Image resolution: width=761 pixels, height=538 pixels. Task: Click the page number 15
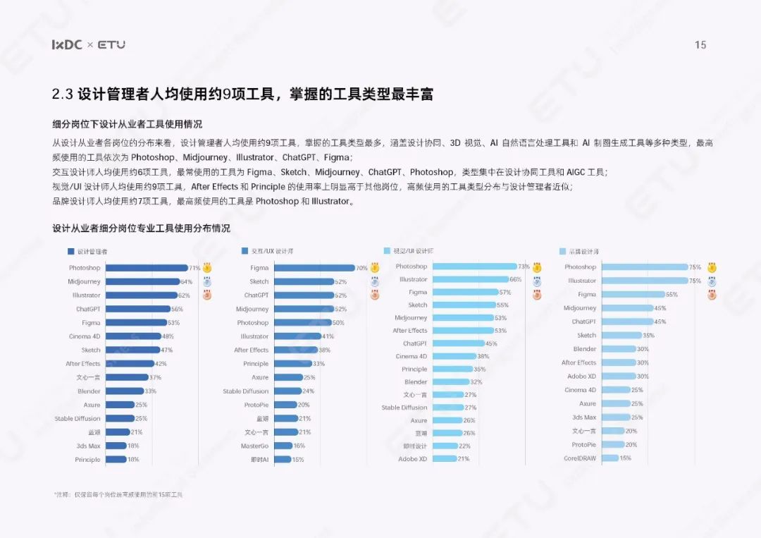pos(700,45)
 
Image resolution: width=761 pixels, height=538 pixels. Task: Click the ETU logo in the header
pos(111,44)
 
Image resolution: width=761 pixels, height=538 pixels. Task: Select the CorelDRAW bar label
pos(581,458)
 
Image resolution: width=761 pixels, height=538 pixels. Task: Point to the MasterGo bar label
pos(254,446)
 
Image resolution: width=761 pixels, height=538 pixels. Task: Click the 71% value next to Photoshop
pos(194,268)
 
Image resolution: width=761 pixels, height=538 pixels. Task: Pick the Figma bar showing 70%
pos(314,268)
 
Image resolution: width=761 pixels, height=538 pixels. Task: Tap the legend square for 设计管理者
pos(70,251)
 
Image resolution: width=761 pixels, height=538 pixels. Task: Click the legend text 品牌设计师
pos(584,251)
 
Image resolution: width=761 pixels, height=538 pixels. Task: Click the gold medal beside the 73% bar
pos(537,267)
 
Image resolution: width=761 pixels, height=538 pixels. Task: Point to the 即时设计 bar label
pos(415,446)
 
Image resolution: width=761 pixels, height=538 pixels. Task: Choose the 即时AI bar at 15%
pos(282,460)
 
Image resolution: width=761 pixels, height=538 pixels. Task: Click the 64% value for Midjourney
pos(186,281)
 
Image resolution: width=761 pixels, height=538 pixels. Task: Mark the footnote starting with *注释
pos(118,494)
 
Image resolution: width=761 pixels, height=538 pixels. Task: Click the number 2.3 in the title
pos(62,94)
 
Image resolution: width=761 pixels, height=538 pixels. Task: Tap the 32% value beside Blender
pos(476,382)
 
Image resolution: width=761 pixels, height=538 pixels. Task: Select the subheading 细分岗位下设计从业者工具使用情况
pos(127,125)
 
